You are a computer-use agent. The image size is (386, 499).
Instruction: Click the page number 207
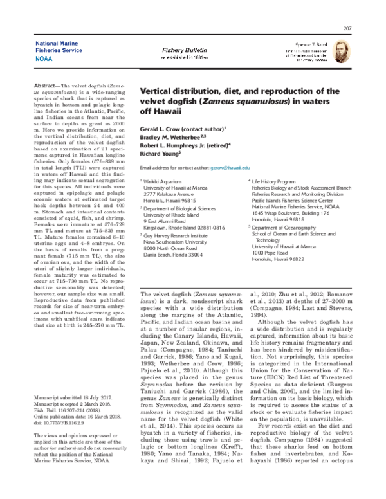[348, 28]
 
